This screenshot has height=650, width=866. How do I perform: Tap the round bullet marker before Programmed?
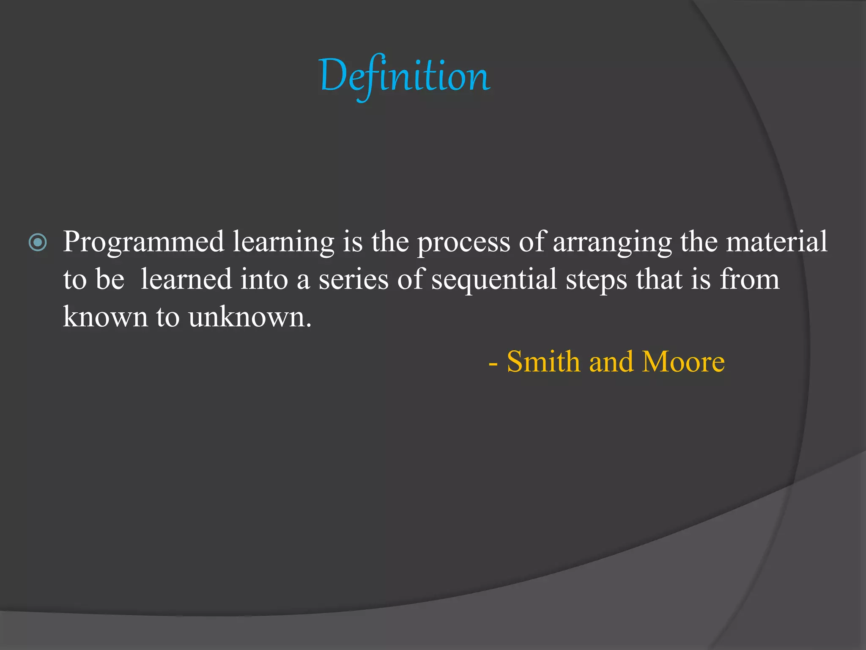click(38, 242)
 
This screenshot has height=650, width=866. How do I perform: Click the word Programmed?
click(143, 242)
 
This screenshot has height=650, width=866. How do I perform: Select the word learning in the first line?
click(283, 242)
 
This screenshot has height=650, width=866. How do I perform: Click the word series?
click(353, 280)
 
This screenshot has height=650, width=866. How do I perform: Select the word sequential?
click(494, 280)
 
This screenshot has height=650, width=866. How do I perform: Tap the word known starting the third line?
click(105, 317)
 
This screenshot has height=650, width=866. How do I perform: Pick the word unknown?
click(249, 317)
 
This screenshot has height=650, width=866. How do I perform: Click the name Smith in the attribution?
click(543, 362)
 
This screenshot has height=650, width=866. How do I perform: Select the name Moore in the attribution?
click(683, 362)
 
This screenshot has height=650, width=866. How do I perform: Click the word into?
click(264, 279)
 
